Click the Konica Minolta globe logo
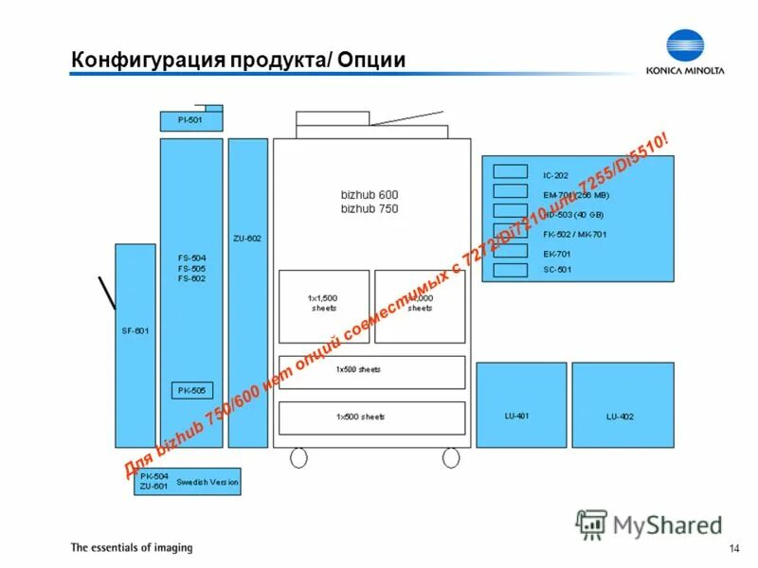pos(686,47)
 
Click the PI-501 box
pos(190,121)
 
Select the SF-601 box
pos(135,346)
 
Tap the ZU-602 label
pos(247,239)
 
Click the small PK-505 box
pos(192,390)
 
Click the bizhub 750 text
pos(370,208)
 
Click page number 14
pos(733,550)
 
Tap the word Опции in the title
pos(370,62)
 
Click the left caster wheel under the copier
pos(298,457)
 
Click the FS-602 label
pos(192,279)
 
